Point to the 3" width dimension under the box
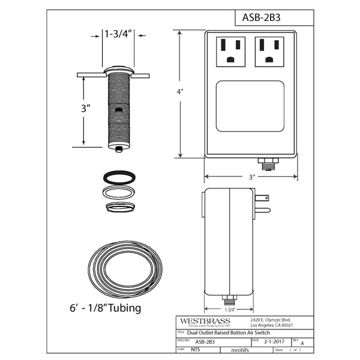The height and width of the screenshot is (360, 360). [x=252, y=177]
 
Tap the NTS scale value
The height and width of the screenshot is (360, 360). [x=196, y=349]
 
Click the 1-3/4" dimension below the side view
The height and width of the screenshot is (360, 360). [x=229, y=310]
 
